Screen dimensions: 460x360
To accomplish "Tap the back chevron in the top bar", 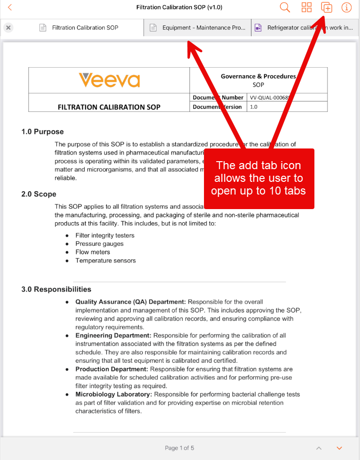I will pos(9,8).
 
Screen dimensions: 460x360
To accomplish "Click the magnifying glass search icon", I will pos(285,8).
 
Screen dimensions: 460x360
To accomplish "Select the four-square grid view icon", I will pos(306,8).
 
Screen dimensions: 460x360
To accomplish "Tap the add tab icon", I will pos(326,8).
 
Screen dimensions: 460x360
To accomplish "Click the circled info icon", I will pos(346,8).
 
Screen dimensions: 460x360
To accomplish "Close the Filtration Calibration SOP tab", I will pos(8,28).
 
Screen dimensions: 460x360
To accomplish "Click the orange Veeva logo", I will pos(109,80).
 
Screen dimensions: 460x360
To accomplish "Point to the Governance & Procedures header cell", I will pos(258,80).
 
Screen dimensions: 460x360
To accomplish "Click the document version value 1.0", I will pos(253,107).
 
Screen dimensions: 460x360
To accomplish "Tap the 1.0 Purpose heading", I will pos(42,132).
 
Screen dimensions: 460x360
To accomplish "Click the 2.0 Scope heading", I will pos(39,194).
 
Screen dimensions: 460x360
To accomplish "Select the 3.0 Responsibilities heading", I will pos(56,289).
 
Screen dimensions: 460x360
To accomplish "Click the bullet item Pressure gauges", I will pos(99,244).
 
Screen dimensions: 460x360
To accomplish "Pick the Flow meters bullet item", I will pos(93,252).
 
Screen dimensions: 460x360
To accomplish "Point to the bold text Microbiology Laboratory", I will pos(114,394).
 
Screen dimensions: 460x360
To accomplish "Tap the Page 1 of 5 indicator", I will pos(180,448).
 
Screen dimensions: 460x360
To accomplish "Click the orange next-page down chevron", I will pos(339,448).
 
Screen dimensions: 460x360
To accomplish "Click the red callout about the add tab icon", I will pos(258,179).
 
